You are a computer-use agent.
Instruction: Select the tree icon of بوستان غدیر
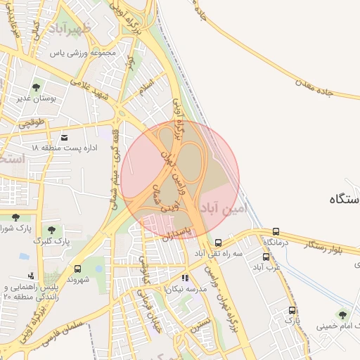pyautogui.click(x=36, y=87)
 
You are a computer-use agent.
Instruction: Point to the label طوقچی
pyautogui.click(x=30, y=122)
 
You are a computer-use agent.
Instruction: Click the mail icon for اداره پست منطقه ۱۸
pyautogui.click(x=65, y=137)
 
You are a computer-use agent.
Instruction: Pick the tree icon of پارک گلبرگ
pyautogui.click(x=51, y=230)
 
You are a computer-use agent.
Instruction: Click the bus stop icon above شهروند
pyautogui.click(x=77, y=269)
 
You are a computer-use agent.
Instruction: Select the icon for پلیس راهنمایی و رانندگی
pyautogui.click(x=31, y=276)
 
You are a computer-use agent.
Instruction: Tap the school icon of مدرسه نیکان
pyautogui.click(x=185, y=278)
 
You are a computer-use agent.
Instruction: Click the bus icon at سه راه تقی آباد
pyautogui.click(x=219, y=242)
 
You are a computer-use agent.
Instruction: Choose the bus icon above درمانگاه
pyautogui.click(x=276, y=231)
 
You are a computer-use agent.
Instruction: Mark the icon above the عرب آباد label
pyautogui.click(x=266, y=257)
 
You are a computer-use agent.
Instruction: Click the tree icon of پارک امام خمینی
pyautogui.click(x=342, y=314)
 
